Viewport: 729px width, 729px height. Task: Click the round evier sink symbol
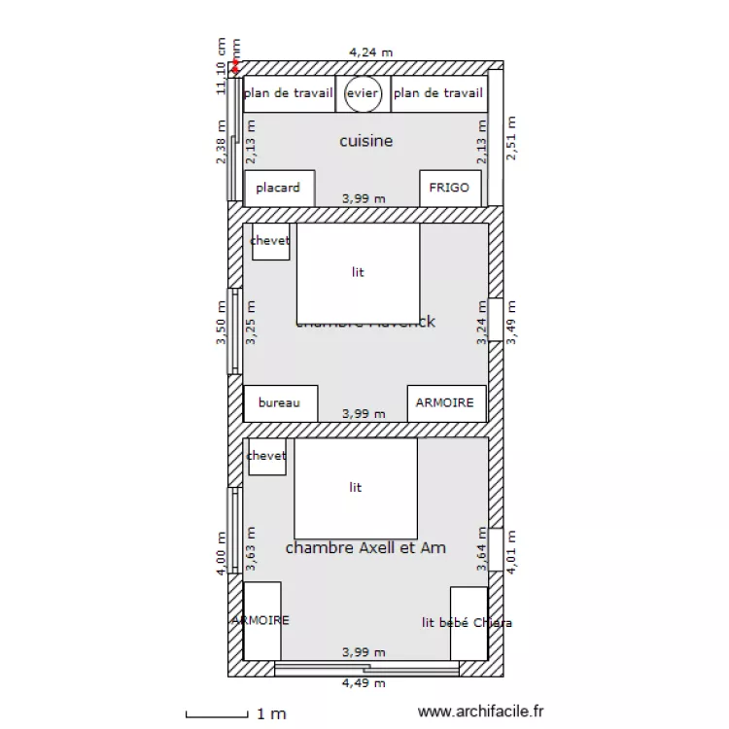coord(363,93)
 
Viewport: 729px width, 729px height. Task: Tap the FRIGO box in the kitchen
coord(449,188)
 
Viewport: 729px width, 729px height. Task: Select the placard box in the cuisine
coord(279,188)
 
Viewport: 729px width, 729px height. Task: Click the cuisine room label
coord(366,141)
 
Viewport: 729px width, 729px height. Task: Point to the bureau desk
coord(280,402)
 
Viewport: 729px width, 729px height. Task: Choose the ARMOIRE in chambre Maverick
coord(445,402)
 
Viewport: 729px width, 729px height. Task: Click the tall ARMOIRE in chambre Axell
coord(261,619)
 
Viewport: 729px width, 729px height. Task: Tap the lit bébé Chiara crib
coord(468,622)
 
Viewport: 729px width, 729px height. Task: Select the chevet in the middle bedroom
coord(270,241)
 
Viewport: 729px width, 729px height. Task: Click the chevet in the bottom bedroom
coord(266,456)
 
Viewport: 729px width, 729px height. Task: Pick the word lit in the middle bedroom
coord(358,272)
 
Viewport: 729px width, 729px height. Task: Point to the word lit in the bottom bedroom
coord(355,487)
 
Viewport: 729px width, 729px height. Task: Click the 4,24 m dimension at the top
coord(370,52)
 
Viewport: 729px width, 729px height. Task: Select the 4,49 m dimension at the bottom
coord(363,683)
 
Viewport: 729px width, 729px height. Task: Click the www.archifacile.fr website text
coord(480,712)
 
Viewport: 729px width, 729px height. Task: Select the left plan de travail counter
coord(289,93)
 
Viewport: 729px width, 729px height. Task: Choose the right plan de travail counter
coord(438,93)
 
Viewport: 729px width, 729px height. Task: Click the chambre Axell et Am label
coord(365,548)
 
